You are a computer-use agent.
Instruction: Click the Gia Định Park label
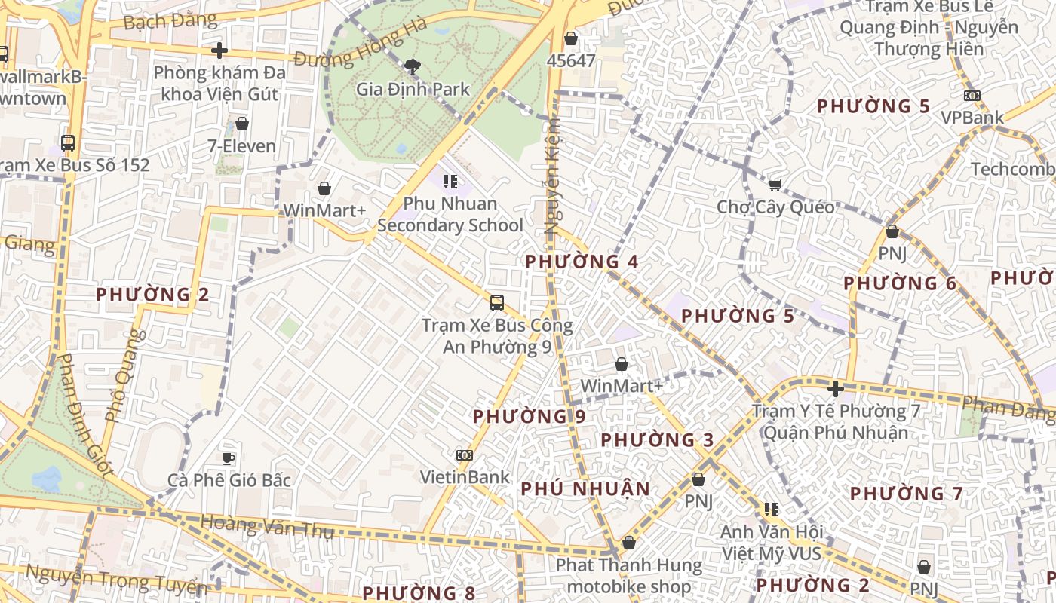click(413, 89)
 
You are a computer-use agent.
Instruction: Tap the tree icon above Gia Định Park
click(413, 68)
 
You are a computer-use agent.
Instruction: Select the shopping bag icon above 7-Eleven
click(242, 124)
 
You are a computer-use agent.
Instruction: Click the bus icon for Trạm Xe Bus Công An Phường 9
click(496, 303)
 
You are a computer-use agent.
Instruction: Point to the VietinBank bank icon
click(465, 455)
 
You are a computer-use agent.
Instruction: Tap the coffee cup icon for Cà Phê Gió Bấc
click(229, 458)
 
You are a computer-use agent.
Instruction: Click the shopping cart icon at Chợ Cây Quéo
click(775, 185)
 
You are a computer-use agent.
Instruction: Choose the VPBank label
click(972, 118)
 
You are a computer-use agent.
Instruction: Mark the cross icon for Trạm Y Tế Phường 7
click(835, 389)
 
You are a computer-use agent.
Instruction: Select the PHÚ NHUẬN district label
click(585, 488)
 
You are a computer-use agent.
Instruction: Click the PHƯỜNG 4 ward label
click(582, 262)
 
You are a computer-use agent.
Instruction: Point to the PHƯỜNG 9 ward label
click(529, 416)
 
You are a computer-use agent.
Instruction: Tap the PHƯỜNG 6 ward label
click(899, 283)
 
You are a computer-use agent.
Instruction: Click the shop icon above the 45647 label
click(571, 38)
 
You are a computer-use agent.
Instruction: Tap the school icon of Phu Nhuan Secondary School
click(450, 181)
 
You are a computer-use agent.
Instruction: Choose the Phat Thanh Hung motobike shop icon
click(629, 543)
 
